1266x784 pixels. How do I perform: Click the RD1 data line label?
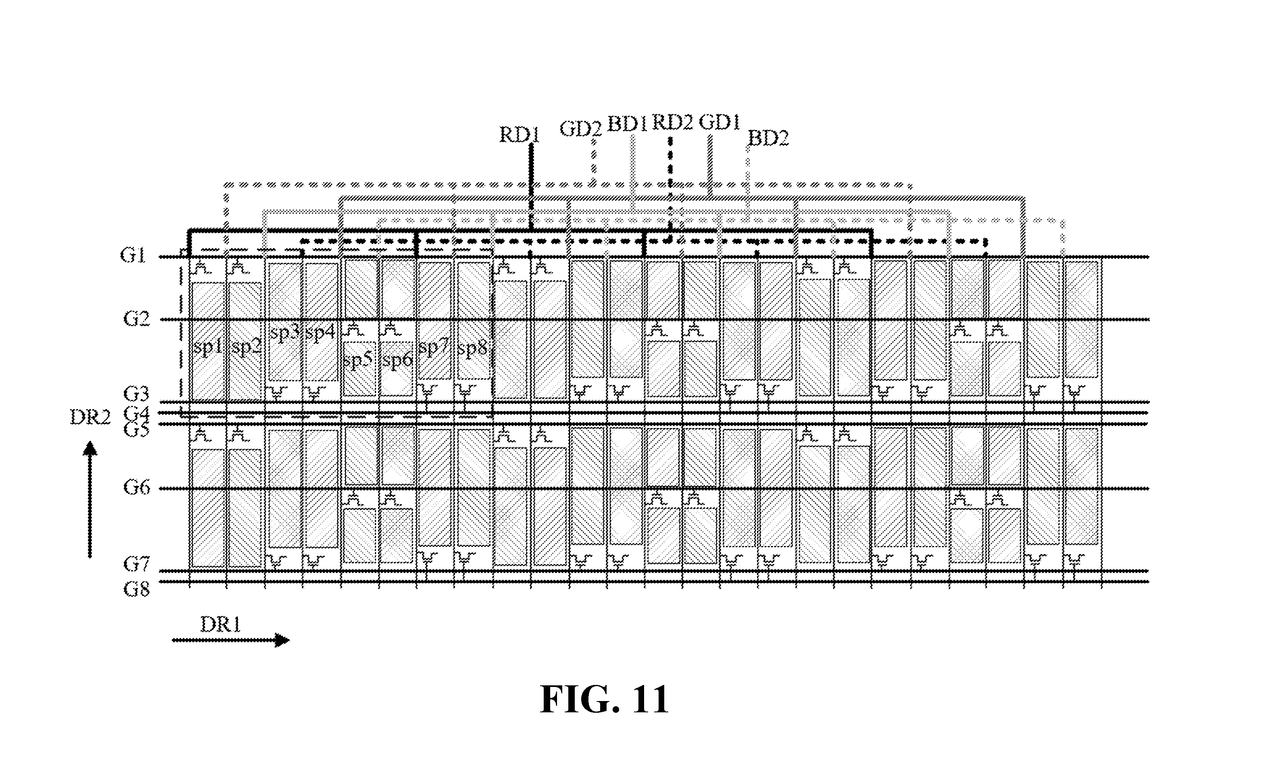click(x=520, y=135)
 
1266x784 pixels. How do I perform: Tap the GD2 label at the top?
click(x=580, y=128)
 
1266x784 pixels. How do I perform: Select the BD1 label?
click(x=627, y=124)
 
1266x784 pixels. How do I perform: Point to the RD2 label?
click(x=672, y=122)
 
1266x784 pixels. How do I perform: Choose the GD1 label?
click(x=719, y=122)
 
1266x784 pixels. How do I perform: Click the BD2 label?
click(x=768, y=138)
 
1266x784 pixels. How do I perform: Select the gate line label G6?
click(x=137, y=487)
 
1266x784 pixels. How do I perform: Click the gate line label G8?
click(x=137, y=589)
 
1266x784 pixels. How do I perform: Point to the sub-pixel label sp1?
click(x=208, y=348)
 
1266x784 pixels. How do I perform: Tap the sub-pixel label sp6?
click(x=397, y=360)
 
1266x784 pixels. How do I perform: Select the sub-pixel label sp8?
click(x=472, y=350)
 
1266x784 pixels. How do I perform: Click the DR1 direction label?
click(x=220, y=625)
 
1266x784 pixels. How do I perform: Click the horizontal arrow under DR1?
click(x=231, y=640)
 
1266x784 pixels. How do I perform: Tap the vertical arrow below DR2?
click(x=90, y=499)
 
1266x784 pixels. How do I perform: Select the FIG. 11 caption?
click(x=605, y=700)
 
